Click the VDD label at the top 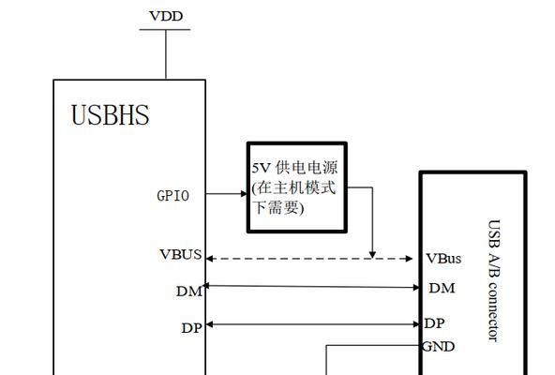click(x=166, y=16)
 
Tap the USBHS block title click(x=110, y=115)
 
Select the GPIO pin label click(x=172, y=196)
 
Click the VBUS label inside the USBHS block click(x=181, y=254)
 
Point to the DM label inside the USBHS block click(x=189, y=292)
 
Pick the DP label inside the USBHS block click(x=192, y=328)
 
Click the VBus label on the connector click(x=443, y=259)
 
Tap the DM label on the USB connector click(x=442, y=288)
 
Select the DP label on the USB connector click(x=434, y=323)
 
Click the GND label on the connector click(x=438, y=346)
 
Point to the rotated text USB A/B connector click(x=494, y=280)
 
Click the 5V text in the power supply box click(x=261, y=168)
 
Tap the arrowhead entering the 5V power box click(x=244, y=194)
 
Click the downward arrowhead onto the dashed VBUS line click(x=372, y=255)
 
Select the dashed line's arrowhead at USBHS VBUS click(x=209, y=259)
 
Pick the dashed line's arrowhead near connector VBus click(x=409, y=259)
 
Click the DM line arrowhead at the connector click(x=416, y=287)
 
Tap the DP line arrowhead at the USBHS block click(x=209, y=324)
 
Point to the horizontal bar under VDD click(x=165, y=29)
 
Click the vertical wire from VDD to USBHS click(x=166, y=54)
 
